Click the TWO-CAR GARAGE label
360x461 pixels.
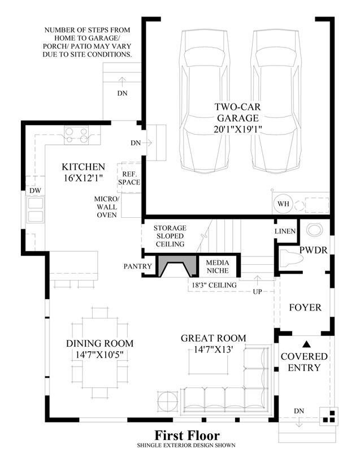coord(237,118)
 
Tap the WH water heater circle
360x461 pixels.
coord(283,204)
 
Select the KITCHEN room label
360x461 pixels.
coord(84,167)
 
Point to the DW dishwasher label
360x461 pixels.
coord(35,191)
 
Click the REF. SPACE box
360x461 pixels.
coord(129,178)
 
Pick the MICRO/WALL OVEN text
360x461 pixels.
coord(107,207)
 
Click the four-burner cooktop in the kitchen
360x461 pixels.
coord(76,135)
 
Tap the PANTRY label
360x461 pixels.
coord(138,266)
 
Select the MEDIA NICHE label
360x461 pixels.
coord(218,266)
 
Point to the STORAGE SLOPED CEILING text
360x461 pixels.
coord(170,236)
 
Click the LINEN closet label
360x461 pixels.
coord(285,231)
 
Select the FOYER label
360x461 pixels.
coord(305,308)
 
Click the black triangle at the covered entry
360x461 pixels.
coord(306,344)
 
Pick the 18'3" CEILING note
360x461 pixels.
coord(214,285)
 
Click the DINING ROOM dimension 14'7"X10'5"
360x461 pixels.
coord(99,355)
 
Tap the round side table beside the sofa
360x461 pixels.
coord(167,401)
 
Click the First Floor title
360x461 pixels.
coord(187,436)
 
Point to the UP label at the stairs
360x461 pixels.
coord(257,292)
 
